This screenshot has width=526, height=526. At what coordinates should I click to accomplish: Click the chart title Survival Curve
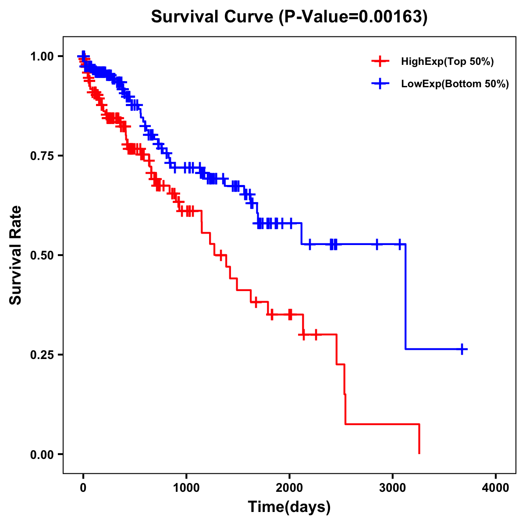point(213,17)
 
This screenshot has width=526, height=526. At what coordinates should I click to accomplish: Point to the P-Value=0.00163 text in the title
point(354,17)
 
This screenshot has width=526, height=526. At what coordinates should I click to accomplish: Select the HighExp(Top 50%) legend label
point(447,62)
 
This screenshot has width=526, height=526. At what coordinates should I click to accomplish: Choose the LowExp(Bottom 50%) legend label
point(455,84)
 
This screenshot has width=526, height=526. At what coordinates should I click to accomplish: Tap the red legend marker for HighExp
point(380,61)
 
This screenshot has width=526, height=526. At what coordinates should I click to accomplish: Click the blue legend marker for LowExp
point(380,84)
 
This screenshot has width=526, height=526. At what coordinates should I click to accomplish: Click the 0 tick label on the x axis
point(83,488)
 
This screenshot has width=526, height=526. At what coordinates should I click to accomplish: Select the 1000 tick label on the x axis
point(186,488)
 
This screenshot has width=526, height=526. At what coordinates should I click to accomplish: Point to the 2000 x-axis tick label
point(289,488)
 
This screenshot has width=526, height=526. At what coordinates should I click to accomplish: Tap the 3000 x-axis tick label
point(393,488)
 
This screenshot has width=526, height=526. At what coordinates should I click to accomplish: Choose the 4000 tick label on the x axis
point(496,488)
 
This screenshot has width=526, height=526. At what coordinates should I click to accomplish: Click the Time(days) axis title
point(289,507)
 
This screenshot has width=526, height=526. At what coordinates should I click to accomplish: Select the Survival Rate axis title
point(16,255)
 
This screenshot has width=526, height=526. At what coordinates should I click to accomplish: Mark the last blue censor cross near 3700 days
point(462,349)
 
